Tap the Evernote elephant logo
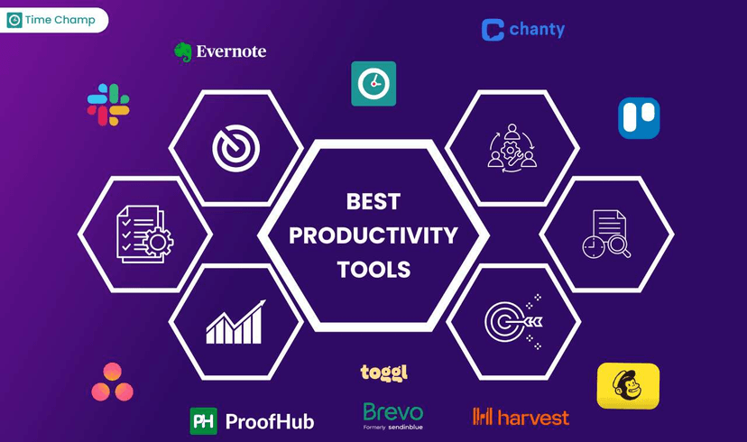183,51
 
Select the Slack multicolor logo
108,104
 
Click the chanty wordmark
536,30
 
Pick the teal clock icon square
373,84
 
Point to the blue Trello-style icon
639,118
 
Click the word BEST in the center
373,201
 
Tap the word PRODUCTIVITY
373,235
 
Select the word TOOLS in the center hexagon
373,270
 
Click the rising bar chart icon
235,322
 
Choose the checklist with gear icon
144,234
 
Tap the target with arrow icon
512,321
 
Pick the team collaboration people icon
512,147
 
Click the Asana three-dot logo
113,382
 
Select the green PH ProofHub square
204,421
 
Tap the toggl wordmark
383,372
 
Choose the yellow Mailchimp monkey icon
628,386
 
